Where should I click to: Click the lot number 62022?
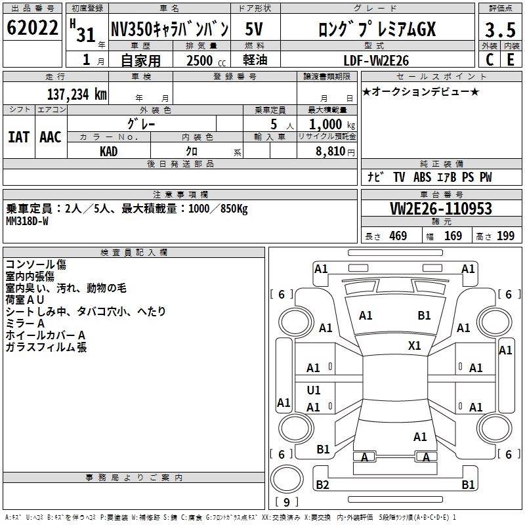pos(32,28)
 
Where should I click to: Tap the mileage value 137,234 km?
pos(77,94)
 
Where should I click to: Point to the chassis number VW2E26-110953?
pos(441,209)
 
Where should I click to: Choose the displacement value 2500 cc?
pos(201,60)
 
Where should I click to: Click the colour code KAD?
pos(109,152)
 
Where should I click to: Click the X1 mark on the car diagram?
pos(414,345)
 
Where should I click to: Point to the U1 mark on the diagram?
pos(314,390)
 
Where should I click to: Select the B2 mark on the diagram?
pos(322,485)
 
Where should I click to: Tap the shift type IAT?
pos(19,137)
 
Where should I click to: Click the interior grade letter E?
pos(510,59)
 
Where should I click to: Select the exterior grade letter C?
pos(489,59)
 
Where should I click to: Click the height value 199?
pos(505,236)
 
